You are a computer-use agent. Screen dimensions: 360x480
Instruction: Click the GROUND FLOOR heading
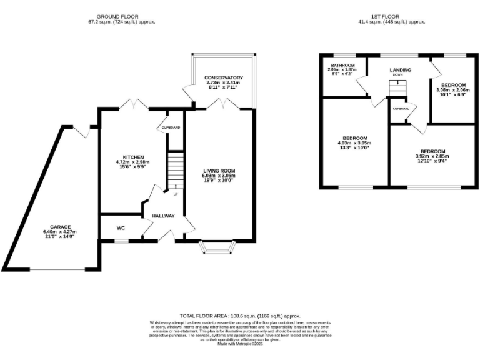coord(117,16)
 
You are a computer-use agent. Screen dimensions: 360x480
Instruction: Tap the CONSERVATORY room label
coord(223,77)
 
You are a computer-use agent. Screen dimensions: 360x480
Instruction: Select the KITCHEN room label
coord(133,157)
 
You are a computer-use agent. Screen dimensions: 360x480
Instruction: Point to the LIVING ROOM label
coord(219,170)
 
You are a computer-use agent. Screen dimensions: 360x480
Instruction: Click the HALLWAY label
coord(163,216)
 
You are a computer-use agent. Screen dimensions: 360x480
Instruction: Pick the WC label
coord(121,228)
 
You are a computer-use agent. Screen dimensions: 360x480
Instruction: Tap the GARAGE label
coord(61,227)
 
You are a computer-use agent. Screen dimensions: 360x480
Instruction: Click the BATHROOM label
coord(343,65)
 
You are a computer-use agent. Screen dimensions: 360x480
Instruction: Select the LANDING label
coord(400,69)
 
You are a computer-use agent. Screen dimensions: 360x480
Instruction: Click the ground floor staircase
coord(176,169)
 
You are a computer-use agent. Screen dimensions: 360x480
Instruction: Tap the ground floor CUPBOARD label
coord(171,127)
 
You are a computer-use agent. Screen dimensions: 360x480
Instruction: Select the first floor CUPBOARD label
coord(401,109)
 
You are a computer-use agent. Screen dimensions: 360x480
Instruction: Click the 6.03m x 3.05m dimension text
coord(219,176)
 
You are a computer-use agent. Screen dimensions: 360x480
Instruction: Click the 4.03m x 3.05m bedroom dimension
coord(354,143)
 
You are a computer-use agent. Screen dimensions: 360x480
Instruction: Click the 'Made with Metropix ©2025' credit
coord(240,343)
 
